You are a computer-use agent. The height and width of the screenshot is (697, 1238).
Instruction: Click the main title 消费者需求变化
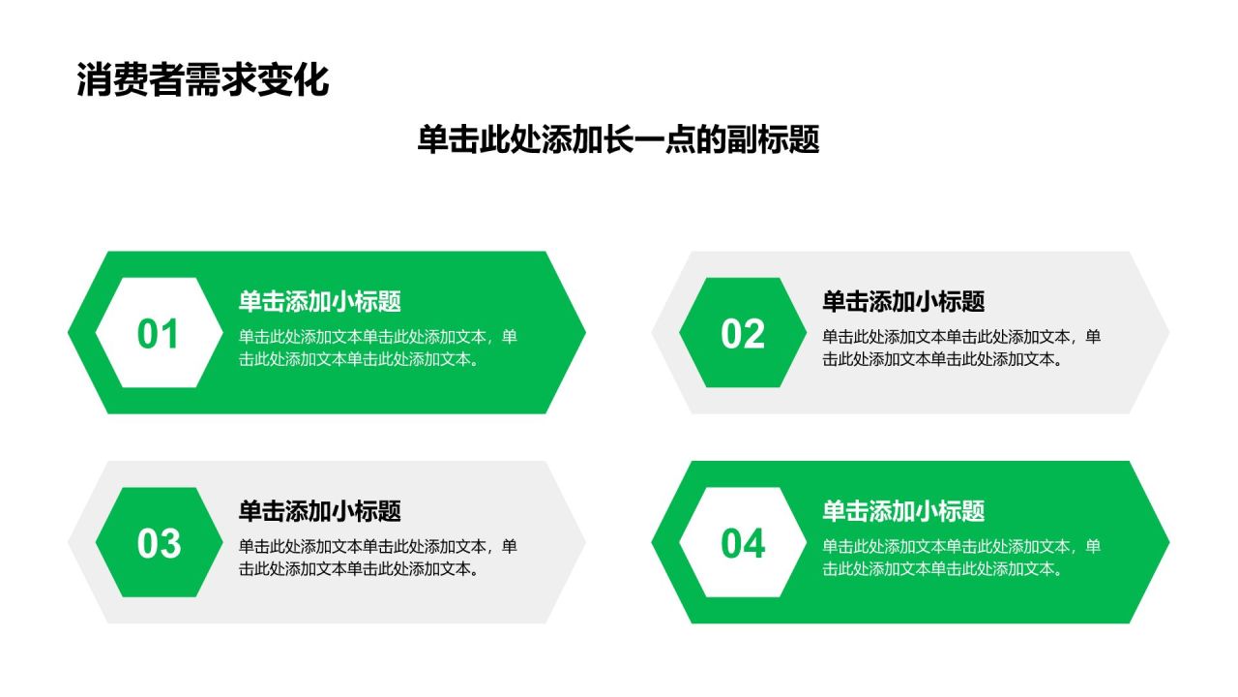pos(203,79)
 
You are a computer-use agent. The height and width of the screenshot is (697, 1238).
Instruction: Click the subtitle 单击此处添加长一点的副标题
pos(618,139)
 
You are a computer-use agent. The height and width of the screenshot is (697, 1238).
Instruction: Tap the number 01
pos(158,334)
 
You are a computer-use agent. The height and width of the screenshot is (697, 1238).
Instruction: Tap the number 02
pos(742,334)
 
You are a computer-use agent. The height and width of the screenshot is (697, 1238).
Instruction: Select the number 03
pos(159,543)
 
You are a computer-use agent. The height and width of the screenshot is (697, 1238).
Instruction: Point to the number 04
pos(743,543)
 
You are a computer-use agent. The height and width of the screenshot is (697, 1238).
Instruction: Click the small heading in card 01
pos(319,301)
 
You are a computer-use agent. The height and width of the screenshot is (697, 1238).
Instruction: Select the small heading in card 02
pos(903,301)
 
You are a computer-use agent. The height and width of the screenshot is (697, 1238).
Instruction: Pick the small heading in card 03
pos(319,511)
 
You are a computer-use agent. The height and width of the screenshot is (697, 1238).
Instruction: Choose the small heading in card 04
pos(903,511)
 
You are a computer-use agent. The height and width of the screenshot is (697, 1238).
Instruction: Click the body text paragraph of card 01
pos(377,348)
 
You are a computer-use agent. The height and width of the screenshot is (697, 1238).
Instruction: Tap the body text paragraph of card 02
pos(961,348)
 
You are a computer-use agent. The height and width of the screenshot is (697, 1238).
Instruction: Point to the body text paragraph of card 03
pos(377,558)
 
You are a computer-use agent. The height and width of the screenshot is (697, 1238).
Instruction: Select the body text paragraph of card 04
pos(961,558)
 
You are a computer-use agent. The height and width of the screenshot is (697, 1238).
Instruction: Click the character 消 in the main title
pos(94,79)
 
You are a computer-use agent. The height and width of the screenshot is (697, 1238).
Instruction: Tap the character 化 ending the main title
pos(311,79)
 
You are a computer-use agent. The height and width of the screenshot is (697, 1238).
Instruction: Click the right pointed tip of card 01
pos(585,332)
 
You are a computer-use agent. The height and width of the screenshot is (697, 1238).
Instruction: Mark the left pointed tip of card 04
pos(652,542)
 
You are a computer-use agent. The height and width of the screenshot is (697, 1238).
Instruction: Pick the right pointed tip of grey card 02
pos(1169,332)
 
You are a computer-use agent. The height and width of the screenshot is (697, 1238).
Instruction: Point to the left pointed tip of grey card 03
pos(68,542)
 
